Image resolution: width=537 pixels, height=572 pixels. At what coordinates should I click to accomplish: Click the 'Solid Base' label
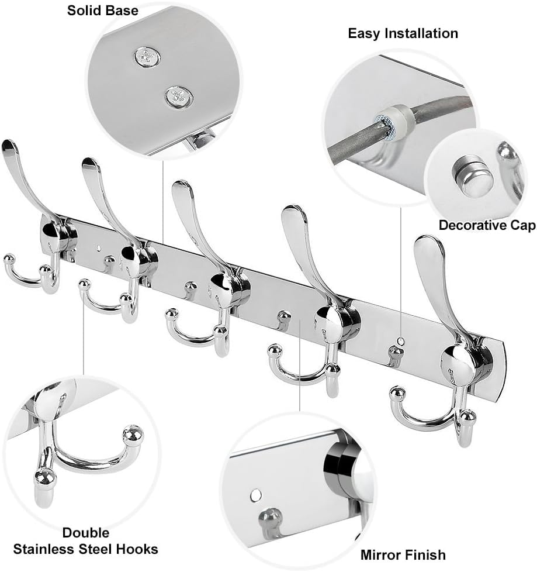coord(102,10)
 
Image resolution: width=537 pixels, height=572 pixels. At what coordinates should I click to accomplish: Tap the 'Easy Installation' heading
coord(403,33)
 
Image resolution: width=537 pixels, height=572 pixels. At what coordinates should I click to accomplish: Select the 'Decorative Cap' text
coord(487,225)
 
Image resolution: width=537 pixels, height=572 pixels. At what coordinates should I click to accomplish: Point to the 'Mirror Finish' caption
coord(403,554)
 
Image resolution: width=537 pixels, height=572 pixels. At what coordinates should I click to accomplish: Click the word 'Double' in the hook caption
coord(85,532)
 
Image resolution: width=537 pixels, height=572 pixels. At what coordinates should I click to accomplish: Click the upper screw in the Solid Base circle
coord(147,57)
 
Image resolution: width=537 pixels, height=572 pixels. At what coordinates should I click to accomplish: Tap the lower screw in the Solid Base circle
coord(178,96)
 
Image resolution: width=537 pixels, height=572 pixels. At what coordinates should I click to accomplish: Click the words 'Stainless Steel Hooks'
coord(85,549)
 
